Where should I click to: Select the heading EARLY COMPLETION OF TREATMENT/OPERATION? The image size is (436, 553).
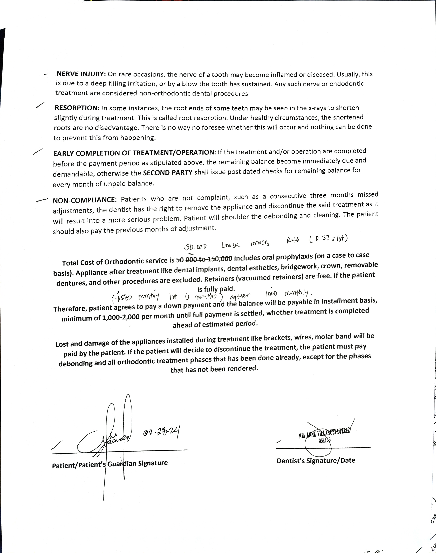point(134,153)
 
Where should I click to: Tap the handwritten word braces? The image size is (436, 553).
point(260,243)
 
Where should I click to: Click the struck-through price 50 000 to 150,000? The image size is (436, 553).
point(204,259)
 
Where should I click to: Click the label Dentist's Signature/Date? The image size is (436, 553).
point(316,460)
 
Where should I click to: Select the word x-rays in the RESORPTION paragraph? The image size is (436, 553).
point(318,108)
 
